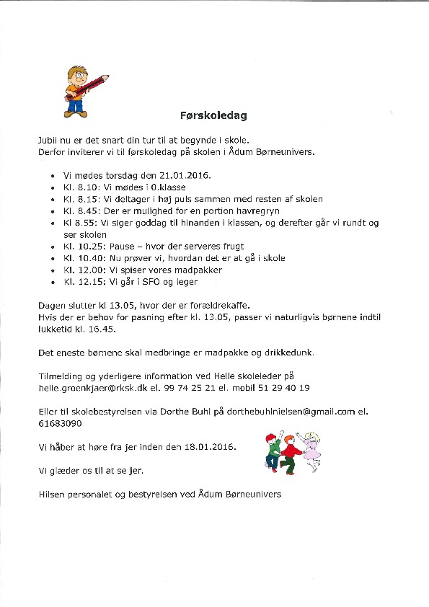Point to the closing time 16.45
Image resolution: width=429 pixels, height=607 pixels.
click(x=111, y=329)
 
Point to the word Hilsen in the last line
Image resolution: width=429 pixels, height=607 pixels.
click(x=52, y=495)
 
